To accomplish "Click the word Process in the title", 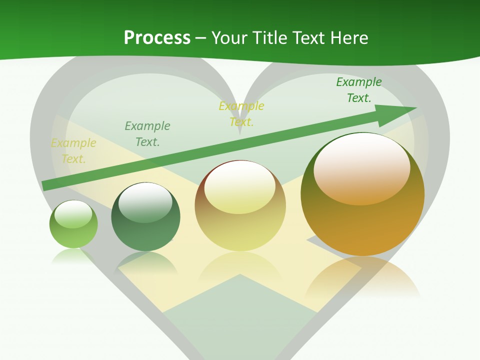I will (x=157, y=37).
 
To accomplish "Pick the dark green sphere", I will (x=145, y=217).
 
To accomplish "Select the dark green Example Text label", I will (x=358, y=90).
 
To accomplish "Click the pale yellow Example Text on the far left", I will (x=73, y=151).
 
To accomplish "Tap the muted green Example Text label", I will (x=147, y=134).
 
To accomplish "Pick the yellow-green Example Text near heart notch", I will (x=241, y=113).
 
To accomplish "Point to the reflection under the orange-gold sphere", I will (x=362, y=277).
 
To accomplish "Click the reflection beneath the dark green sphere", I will (x=146, y=262).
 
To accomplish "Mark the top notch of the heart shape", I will (x=240, y=131).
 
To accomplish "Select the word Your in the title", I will (x=227, y=37).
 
